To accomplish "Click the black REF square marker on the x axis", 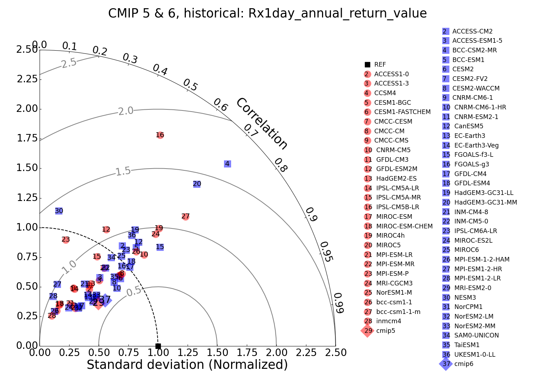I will [158, 346].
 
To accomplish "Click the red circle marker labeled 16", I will [160, 135].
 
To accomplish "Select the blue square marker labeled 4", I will [227, 164].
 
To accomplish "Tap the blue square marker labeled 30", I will [59, 211].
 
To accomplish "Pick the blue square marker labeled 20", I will [197, 184].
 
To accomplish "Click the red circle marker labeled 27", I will [185, 216].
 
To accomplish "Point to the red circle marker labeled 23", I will [66, 239].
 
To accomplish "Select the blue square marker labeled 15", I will [160, 247].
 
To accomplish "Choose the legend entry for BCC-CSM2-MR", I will [474, 50].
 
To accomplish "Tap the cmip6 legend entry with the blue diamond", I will [463, 364].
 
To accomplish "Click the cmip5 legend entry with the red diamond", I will [385, 331].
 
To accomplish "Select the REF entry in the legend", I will [380, 65].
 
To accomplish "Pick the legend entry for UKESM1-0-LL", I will [474, 355].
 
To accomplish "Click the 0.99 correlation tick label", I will [338, 303].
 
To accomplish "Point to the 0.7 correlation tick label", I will [251, 131].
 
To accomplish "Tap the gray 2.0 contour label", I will [126, 111].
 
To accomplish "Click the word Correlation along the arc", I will [262, 124].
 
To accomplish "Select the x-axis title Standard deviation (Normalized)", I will [187, 365].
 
